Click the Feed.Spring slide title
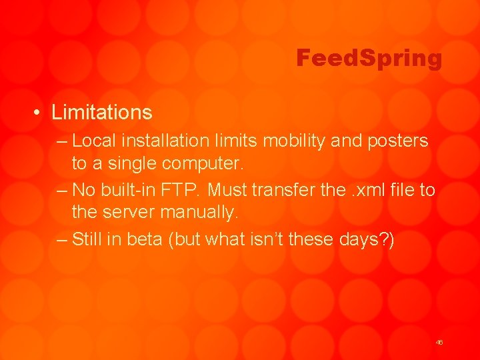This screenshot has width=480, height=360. [x=369, y=59]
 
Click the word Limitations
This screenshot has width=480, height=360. [x=102, y=112]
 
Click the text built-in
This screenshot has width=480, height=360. [x=129, y=190]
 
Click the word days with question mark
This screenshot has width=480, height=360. [x=368, y=239]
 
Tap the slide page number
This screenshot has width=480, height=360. [x=439, y=342]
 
